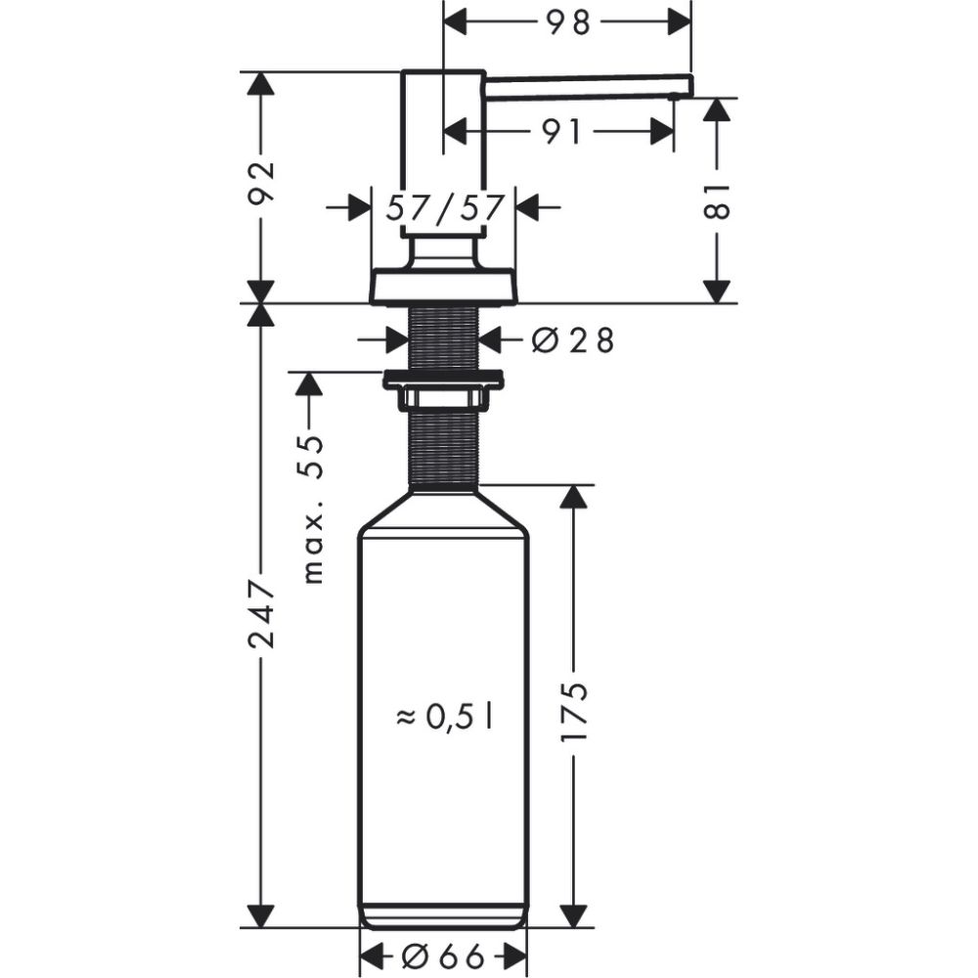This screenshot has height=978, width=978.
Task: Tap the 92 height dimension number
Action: coord(260,186)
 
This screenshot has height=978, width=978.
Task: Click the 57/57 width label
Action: coord(445,207)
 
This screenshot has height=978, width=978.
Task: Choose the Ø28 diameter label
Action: coord(572,340)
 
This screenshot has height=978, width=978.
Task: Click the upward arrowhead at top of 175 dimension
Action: coord(575,498)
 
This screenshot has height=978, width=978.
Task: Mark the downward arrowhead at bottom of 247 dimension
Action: coord(260,914)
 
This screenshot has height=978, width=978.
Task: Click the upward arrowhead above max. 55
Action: coord(309,383)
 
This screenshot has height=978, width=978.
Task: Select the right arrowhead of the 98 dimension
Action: coord(680,22)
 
